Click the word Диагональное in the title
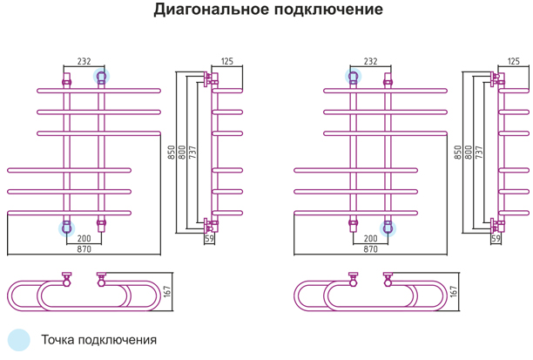[x=212, y=10]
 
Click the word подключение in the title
[x=328, y=10]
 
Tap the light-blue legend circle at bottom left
[x=19, y=340]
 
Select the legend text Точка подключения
[x=99, y=340]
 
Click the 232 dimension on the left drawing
[x=84, y=61]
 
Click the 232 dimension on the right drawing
[x=370, y=61]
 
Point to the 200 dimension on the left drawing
[x=84, y=238]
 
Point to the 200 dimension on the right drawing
[x=370, y=238]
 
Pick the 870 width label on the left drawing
[x=84, y=249]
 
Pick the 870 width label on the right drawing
[x=370, y=249]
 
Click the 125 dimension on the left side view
[x=227, y=61]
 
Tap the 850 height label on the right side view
[x=458, y=152]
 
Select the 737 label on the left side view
[x=192, y=152]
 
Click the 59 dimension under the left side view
[x=209, y=239]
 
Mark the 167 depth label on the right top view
[x=454, y=292]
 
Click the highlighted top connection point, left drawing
[x=101, y=76]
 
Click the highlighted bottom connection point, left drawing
[x=66, y=228]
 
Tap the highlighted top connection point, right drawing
[x=354, y=76]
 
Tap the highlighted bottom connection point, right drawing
[x=388, y=228]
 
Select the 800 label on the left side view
[x=182, y=152]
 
